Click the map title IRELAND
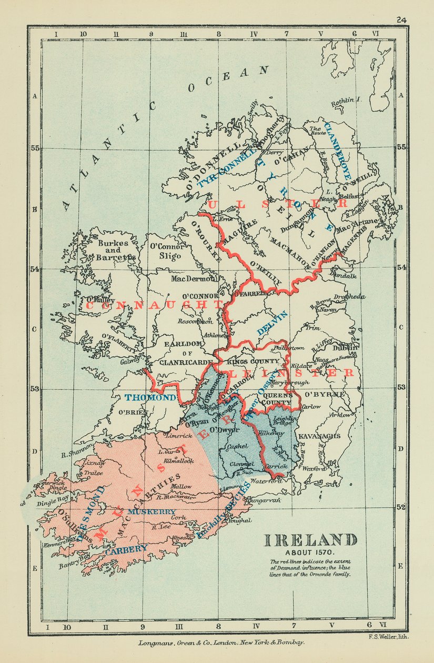(x=309, y=540)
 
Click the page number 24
(x=401, y=20)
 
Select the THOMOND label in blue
(x=150, y=398)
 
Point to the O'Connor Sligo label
(x=168, y=251)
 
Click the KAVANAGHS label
(x=319, y=436)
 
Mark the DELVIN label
(x=273, y=323)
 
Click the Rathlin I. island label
(x=345, y=101)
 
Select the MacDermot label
(x=193, y=277)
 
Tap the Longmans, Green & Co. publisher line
(x=221, y=643)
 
